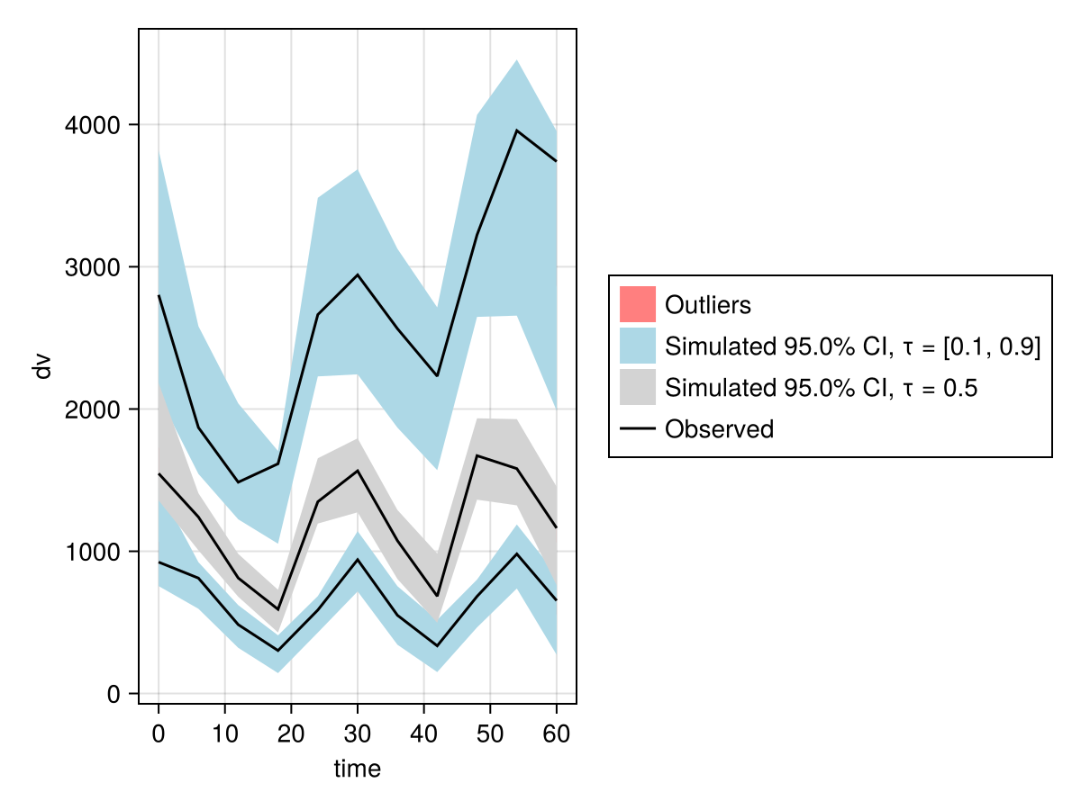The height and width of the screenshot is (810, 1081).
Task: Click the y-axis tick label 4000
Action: (93, 125)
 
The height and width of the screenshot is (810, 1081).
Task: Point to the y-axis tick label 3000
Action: (93, 267)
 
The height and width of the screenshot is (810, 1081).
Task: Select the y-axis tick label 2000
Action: (93, 409)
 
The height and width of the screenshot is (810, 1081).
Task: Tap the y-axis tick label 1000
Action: (93, 552)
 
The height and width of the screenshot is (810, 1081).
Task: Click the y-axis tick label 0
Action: (114, 694)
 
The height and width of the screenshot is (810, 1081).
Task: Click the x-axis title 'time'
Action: (358, 769)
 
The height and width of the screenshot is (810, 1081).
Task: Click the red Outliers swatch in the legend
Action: (637, 304)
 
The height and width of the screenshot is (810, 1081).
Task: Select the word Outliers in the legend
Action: (707, 305)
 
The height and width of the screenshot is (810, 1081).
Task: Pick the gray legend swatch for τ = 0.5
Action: (637, 387)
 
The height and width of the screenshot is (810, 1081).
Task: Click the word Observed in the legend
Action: (719, 429)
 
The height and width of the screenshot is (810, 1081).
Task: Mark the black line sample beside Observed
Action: (637, 429)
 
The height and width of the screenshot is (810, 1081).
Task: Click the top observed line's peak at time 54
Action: (516, 130)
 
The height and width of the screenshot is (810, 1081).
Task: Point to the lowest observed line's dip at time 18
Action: (277, 651)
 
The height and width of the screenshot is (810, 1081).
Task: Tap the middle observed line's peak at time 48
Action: (477, 455)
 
